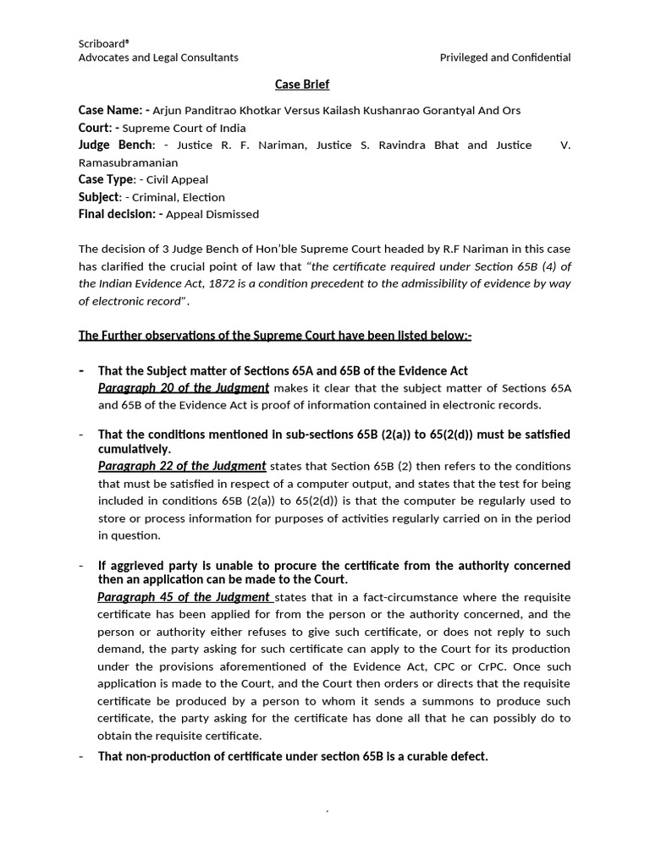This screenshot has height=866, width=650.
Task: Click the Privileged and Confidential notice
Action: point(505,58)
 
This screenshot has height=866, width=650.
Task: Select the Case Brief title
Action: point(302,85)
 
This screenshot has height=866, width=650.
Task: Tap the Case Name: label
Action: point(113,111)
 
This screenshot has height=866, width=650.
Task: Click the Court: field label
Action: point(100,128)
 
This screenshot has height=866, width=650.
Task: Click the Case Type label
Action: point(106,179)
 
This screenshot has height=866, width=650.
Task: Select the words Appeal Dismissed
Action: point(212,215)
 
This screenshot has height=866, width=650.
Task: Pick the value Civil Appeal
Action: point(177,179)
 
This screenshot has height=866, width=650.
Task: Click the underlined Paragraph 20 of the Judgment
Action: point(184,388)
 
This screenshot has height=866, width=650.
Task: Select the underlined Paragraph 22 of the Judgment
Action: point(182,466)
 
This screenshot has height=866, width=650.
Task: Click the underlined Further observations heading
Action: point(275,335)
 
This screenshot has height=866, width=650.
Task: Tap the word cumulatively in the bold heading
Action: point(135,449)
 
